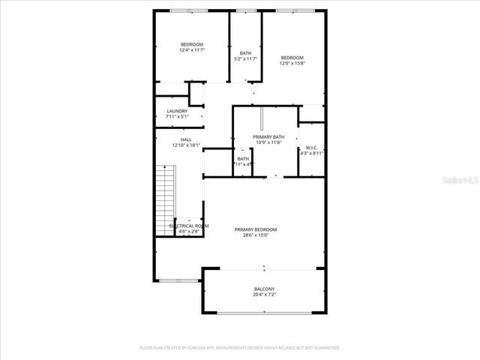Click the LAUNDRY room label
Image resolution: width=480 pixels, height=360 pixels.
(177, 111)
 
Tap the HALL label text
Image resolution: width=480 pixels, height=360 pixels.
(186, 139)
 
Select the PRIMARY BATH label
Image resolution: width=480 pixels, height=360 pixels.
(268, 136)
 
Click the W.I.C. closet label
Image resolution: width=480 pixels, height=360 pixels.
(312, 148)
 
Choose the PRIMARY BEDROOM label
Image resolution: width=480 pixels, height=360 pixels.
(255, 229)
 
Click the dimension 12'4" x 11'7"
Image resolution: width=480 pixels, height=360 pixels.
(191, 50)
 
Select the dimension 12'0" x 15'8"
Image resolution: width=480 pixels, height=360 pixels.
(292, 63)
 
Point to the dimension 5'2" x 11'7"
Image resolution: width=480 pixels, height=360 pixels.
(245, 58)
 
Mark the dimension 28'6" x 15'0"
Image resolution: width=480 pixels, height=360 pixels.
(255, 235)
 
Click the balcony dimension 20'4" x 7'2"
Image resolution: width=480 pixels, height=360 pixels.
(263, 295)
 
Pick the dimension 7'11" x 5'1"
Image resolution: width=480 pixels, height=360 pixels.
(177, 117)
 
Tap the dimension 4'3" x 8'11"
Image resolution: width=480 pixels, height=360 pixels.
(312, 153)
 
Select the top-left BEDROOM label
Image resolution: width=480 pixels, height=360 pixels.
(191, 44)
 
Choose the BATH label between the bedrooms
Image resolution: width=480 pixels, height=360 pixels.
(245, 52)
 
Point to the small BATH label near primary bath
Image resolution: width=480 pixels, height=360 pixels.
(243, 158)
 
